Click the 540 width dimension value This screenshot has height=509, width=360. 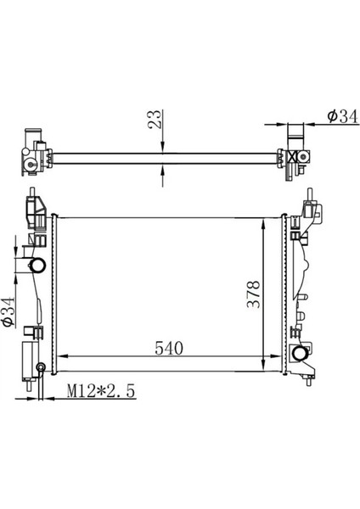coord(169,349)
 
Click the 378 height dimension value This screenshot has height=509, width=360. coord(254,294)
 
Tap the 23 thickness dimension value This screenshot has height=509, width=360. coord(155,119)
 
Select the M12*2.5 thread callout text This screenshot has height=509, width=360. coord(101,391)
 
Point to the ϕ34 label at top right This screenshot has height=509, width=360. coord(342,116)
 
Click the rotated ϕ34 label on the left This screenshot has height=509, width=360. coord(8,311)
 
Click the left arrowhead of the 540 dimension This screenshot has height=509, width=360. coord(62,356)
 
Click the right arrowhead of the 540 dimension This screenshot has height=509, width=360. coord(276,356)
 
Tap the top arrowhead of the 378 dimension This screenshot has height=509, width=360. coord(263,223)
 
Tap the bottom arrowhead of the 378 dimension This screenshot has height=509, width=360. coord(263,366)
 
